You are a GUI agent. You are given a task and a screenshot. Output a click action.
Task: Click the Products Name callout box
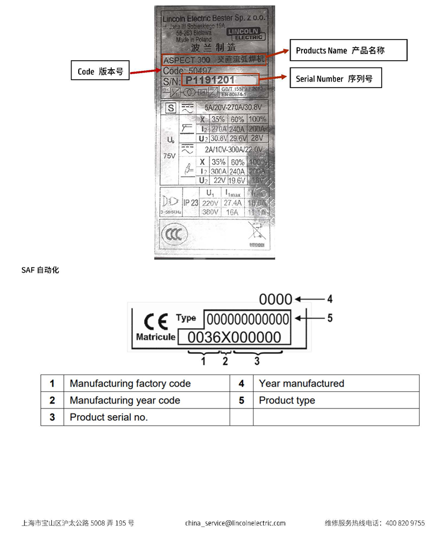tap(348, 51)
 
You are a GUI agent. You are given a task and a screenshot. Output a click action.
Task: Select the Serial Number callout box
tap(334, 79)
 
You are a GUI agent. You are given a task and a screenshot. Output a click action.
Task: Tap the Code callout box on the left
tap(101, 71)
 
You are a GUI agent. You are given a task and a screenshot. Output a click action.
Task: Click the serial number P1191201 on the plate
tap(211, 81)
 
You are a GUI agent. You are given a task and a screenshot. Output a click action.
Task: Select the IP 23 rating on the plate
tap(191, 203)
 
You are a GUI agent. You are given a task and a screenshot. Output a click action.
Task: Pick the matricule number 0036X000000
tap(234, 337)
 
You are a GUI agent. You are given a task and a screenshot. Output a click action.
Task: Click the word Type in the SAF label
tap(186, 318)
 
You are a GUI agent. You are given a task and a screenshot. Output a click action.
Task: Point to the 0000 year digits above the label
tap(276, 299)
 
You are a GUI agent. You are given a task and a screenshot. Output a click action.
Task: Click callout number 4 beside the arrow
tap(330, 298)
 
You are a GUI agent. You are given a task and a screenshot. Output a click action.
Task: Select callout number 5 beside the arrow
tap(330, 318)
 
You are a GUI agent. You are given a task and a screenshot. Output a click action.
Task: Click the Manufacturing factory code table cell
tap(130, 383)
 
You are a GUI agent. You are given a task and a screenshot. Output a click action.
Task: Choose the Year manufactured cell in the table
tap(302, 383)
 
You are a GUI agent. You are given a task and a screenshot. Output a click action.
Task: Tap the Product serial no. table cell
tap(108, 417)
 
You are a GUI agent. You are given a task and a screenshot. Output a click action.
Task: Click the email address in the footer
tap(235, 523)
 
